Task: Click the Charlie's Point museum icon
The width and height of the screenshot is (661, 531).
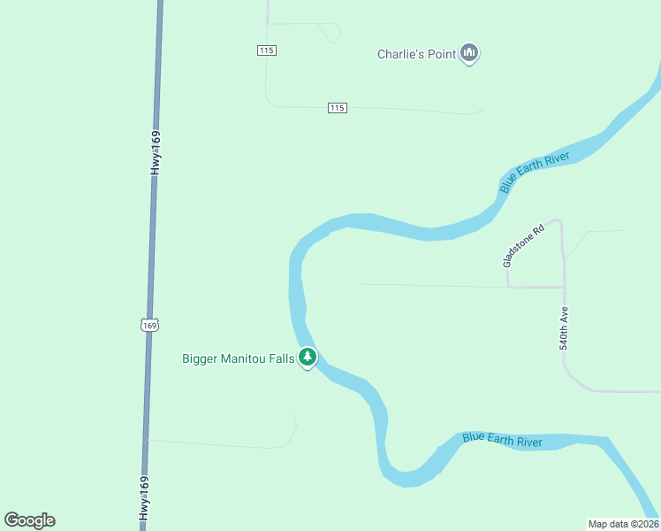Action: click(470, 54)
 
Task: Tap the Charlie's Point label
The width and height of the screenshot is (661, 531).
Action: click(416, 54)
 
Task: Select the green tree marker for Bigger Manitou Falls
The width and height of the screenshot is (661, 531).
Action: click(307, 358)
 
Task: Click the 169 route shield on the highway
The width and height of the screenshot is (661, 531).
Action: click(149, 326)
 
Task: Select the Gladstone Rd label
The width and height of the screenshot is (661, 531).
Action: click(524, 244)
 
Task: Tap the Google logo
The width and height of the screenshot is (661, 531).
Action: click(29, 520)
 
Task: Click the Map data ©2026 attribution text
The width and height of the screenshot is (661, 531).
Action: click(623, 524)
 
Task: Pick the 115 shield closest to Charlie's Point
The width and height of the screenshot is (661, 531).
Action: click(337, 108)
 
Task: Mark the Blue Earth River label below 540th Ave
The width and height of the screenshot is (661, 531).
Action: click(503, 440)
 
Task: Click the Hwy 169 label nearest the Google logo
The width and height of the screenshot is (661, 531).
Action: click(144, 499)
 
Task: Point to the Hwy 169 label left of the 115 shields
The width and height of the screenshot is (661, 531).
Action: click(156, 152)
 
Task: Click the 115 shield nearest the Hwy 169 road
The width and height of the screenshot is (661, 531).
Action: click(267, 50)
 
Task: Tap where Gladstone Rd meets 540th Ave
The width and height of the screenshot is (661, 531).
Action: click(563, 287)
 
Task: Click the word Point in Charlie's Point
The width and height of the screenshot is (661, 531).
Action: click(441, 54)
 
